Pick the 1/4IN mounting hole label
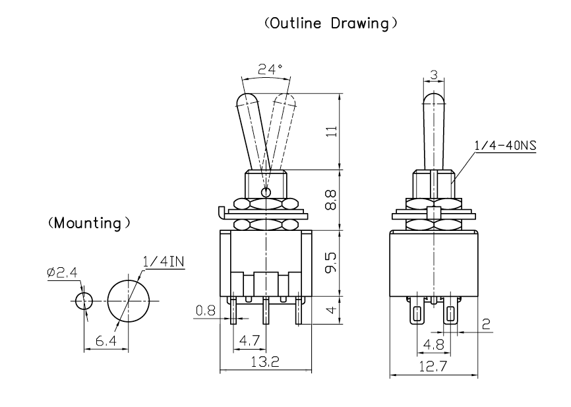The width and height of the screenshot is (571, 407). (163, 263)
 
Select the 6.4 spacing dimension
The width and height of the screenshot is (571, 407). (105, 342)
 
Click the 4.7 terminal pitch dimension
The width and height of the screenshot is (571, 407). (249, 342)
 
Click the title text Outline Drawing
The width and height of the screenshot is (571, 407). (330, 24)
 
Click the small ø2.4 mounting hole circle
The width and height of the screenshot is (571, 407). (82, 301)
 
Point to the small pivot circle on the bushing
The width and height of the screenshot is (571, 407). (266, 193)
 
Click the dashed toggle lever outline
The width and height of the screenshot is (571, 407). (281, 125)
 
